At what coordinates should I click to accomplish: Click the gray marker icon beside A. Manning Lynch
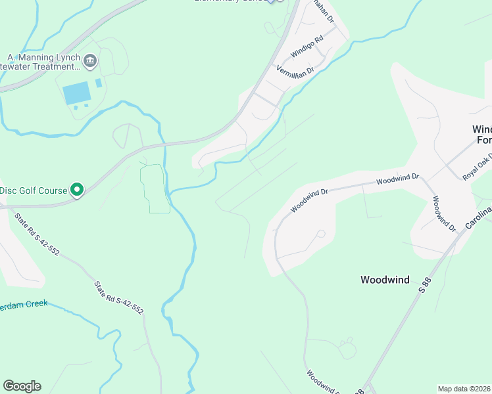pos(90,62)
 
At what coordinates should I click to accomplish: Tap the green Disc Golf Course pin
pos(76,190)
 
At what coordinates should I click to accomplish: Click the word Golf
pos(27,191)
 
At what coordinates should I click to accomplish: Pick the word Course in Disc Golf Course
pos(53,191)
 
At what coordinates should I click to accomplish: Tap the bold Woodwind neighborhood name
pos(385,280)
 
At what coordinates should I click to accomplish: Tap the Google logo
pos(22,386)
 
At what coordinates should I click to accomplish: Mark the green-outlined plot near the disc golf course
pos(153,189)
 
